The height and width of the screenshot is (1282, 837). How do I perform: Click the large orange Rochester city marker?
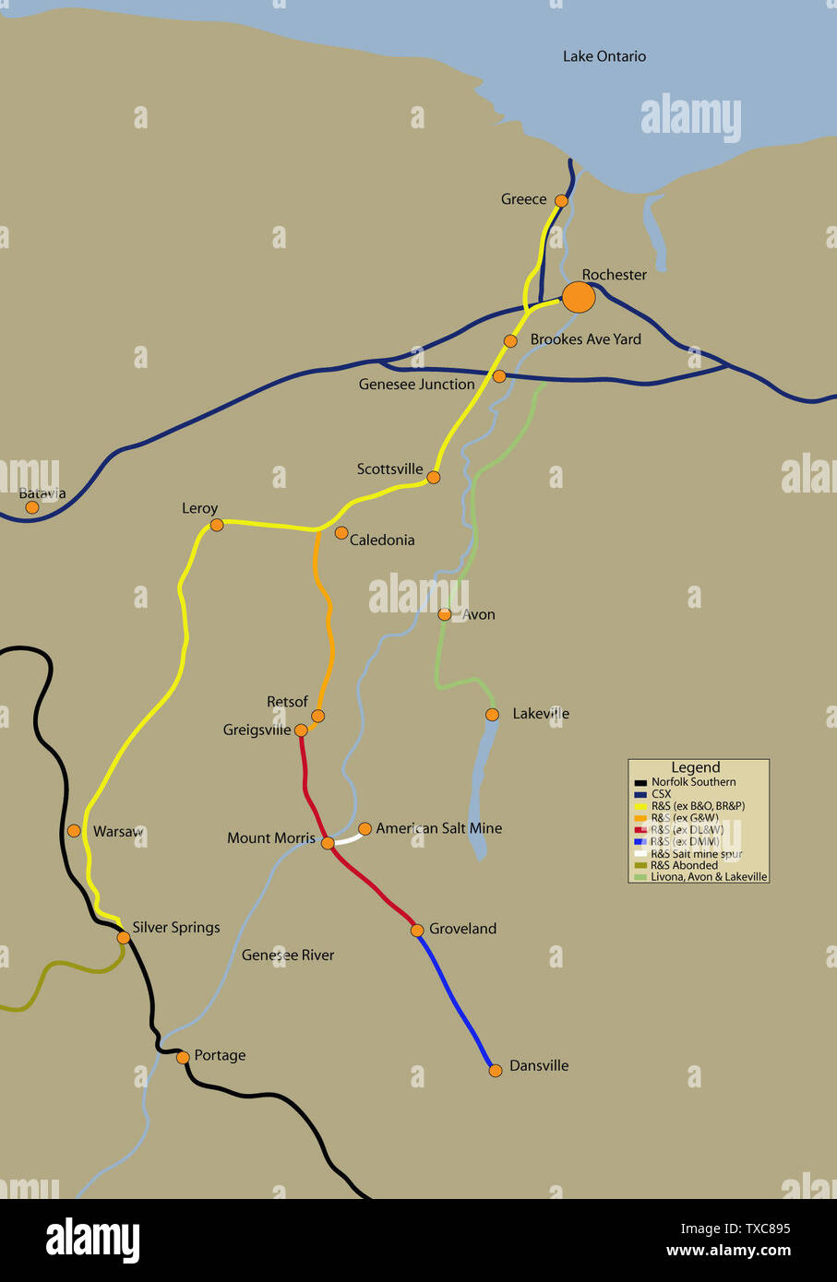[579, 297]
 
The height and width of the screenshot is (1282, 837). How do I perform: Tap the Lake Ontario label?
[604, 56]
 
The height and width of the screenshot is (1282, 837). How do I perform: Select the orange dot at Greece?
[561, 200]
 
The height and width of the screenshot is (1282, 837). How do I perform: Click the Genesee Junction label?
[416, 384]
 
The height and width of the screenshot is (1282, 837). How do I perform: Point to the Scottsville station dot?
[434, 477]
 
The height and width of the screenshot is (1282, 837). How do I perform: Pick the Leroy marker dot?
[217, 525]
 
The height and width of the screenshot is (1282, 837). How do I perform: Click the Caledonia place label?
[381, 540]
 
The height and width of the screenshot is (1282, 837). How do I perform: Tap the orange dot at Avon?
[444, 614]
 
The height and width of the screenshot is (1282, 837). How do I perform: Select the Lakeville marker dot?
[492, 714]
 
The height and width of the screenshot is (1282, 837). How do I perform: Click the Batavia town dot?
[32, 507]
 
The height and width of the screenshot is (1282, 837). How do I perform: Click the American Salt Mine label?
[438, 828]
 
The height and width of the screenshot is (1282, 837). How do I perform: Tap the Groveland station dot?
[417, 930]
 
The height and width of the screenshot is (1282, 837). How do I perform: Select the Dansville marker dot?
[496, 1070]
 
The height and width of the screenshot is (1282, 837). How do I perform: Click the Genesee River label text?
[288, 955]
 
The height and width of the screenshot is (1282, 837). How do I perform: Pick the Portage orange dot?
[183, 1057]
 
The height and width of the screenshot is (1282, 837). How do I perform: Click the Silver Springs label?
[175, 927]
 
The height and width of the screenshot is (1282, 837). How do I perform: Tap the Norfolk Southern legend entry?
[692, 782]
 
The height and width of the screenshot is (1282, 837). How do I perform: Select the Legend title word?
[695, 767]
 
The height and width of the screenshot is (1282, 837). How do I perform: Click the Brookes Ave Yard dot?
[510, 341]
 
